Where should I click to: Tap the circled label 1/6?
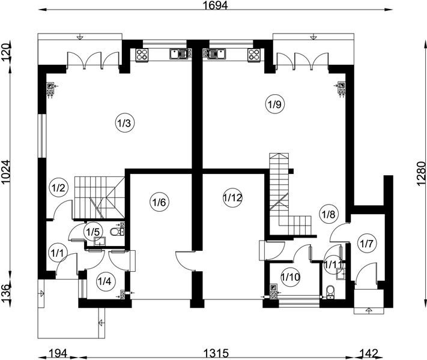tap(159, 202)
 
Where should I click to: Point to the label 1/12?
tap(232, 197)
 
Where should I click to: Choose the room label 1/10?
tap(291, 277)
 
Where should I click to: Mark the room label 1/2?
tap(58, 187)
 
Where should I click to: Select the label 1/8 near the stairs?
tap(329, 213)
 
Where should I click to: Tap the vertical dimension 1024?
tap(7, 174)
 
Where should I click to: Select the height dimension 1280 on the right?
tap(420, 174)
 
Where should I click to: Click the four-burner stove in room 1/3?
tap(144, 55)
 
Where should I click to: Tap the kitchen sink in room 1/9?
tap(216, 55)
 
